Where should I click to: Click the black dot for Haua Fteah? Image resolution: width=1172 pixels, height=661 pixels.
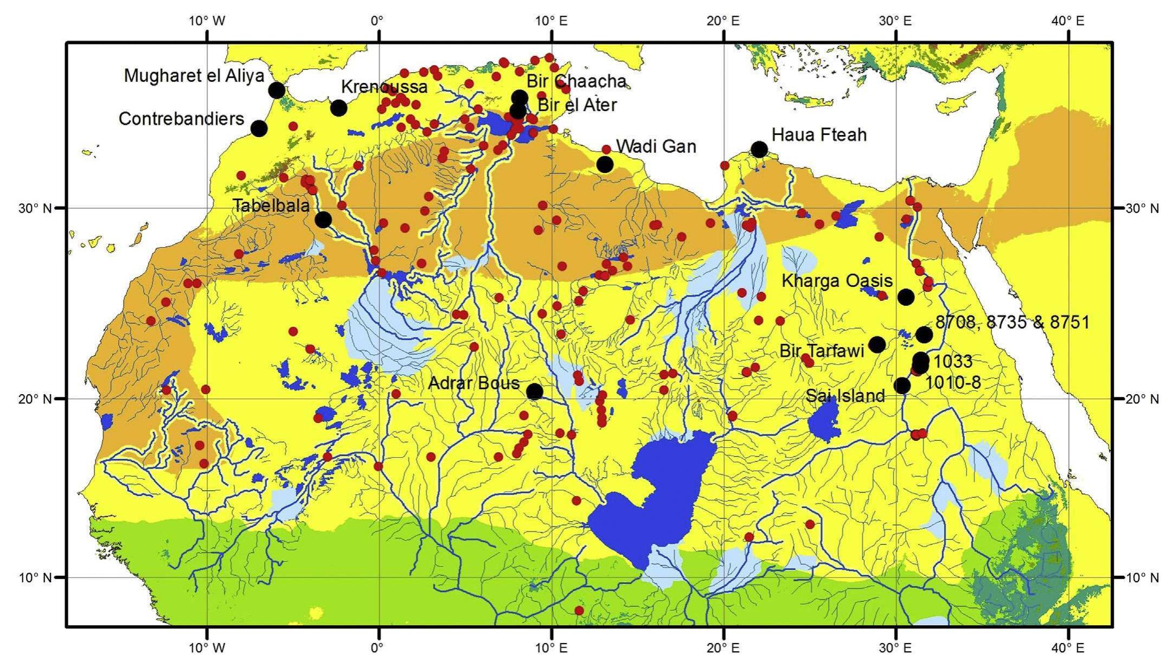[x=759, y=149]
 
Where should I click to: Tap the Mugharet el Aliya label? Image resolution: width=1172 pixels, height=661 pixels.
[x=194, y=76]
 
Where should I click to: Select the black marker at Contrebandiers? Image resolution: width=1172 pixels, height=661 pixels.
[x=259, y=129]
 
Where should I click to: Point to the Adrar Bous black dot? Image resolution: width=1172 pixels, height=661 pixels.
[x=534, y=391]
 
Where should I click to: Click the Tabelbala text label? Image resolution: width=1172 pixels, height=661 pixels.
[x=271, y=205]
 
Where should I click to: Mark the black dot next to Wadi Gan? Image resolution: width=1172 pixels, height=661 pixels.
[x=605, y=164]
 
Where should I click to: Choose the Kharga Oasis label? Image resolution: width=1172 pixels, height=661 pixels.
[x=837, y=281]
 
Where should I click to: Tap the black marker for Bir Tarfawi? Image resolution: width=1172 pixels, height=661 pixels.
[x=877, y=344]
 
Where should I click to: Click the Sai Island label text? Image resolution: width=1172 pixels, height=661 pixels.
[x=845, y=396]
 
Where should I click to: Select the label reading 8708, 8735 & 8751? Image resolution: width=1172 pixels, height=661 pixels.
[x=1012, y=322]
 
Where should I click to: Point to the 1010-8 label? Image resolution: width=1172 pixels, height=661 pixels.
[x=952, y=383]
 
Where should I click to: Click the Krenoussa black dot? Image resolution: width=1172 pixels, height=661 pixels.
[x=338, y=108]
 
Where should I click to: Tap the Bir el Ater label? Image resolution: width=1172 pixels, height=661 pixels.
[x=577, y=105]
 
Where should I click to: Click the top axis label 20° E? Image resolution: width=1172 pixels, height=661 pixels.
[x=723, y=21]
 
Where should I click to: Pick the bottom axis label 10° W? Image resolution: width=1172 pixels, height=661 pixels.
[x=207, y=647]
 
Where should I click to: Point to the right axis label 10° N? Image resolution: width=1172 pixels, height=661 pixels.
[x=1142, y=577]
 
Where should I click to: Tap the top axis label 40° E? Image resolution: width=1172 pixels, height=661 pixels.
[x=1067, y=21]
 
